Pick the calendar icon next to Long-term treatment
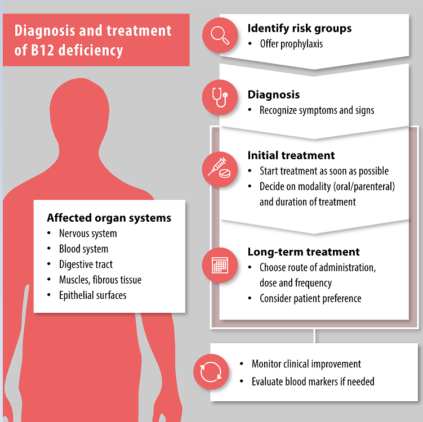[x=219, y=264]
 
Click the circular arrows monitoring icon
[x=211, y=372]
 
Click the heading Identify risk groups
[x=300, y=28]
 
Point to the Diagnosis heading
[x=274, y=95]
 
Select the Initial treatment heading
[x=291, y=155]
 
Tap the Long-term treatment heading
[x=304, y=252]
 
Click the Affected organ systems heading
[x=109, y=218]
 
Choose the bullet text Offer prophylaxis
[x=291, y=44]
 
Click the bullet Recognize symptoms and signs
[x=317, y=110]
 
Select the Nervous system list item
[x=88, y=234]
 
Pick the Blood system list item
[x=83, y=249]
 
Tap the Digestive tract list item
[x=86, y=264]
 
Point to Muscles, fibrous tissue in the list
[x=100, y=280]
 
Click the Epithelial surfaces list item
[x=93, y=295]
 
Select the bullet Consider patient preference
[x=310, y=298]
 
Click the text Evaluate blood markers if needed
[x=313, y=381]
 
